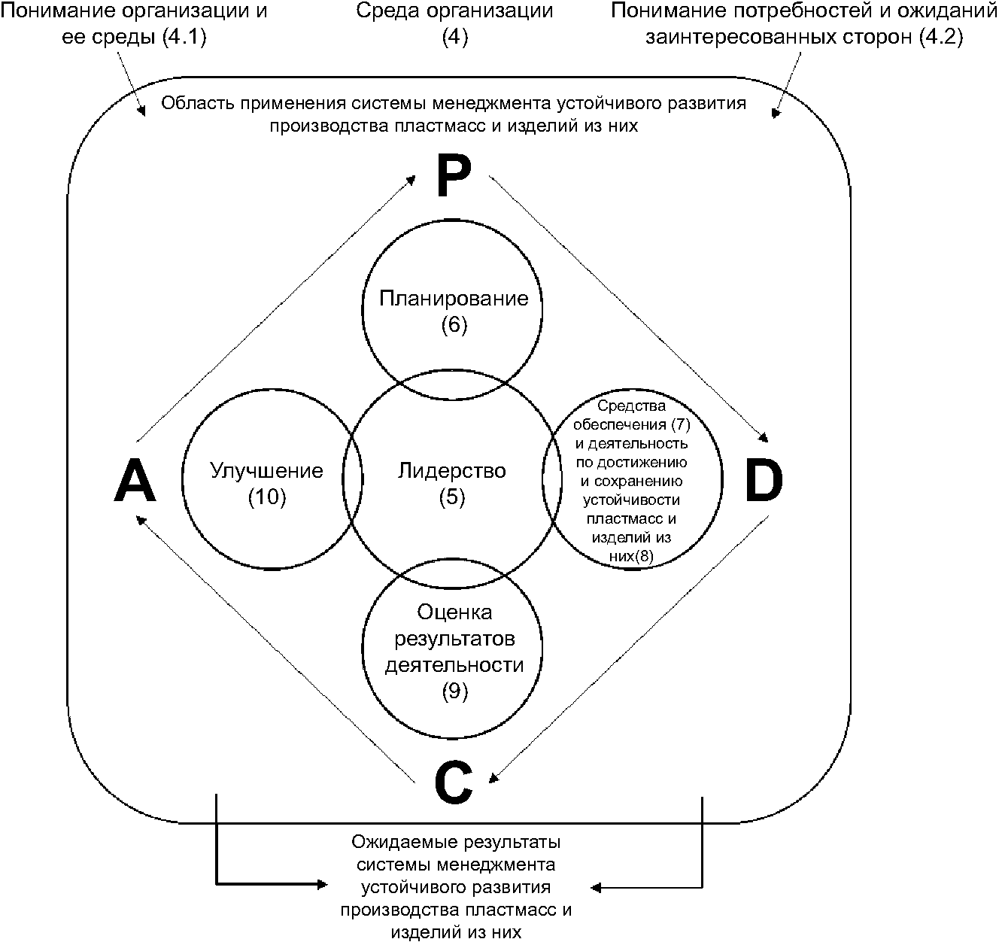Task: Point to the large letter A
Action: (135, 482)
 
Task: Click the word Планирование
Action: (454, 299)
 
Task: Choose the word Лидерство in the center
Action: (451, 471)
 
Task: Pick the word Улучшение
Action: (266, 471)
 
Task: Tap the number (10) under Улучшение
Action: (267, 497)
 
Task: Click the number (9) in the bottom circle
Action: (454, 691)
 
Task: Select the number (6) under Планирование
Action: (454, 325)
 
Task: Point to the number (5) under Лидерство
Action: (452, 497)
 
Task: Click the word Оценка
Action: (454, 612)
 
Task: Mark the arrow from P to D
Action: (629, 308)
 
